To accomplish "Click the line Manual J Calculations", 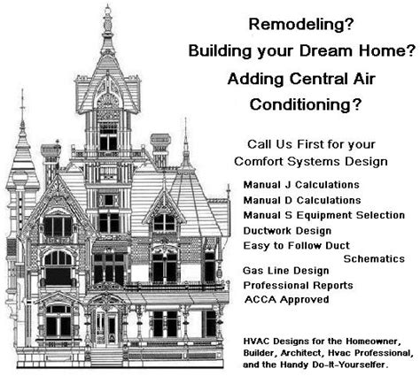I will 301,185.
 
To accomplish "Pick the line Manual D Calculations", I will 301,200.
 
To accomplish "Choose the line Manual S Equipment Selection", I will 323,215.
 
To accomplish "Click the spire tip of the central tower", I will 107,9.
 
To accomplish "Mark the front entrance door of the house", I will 112,327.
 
